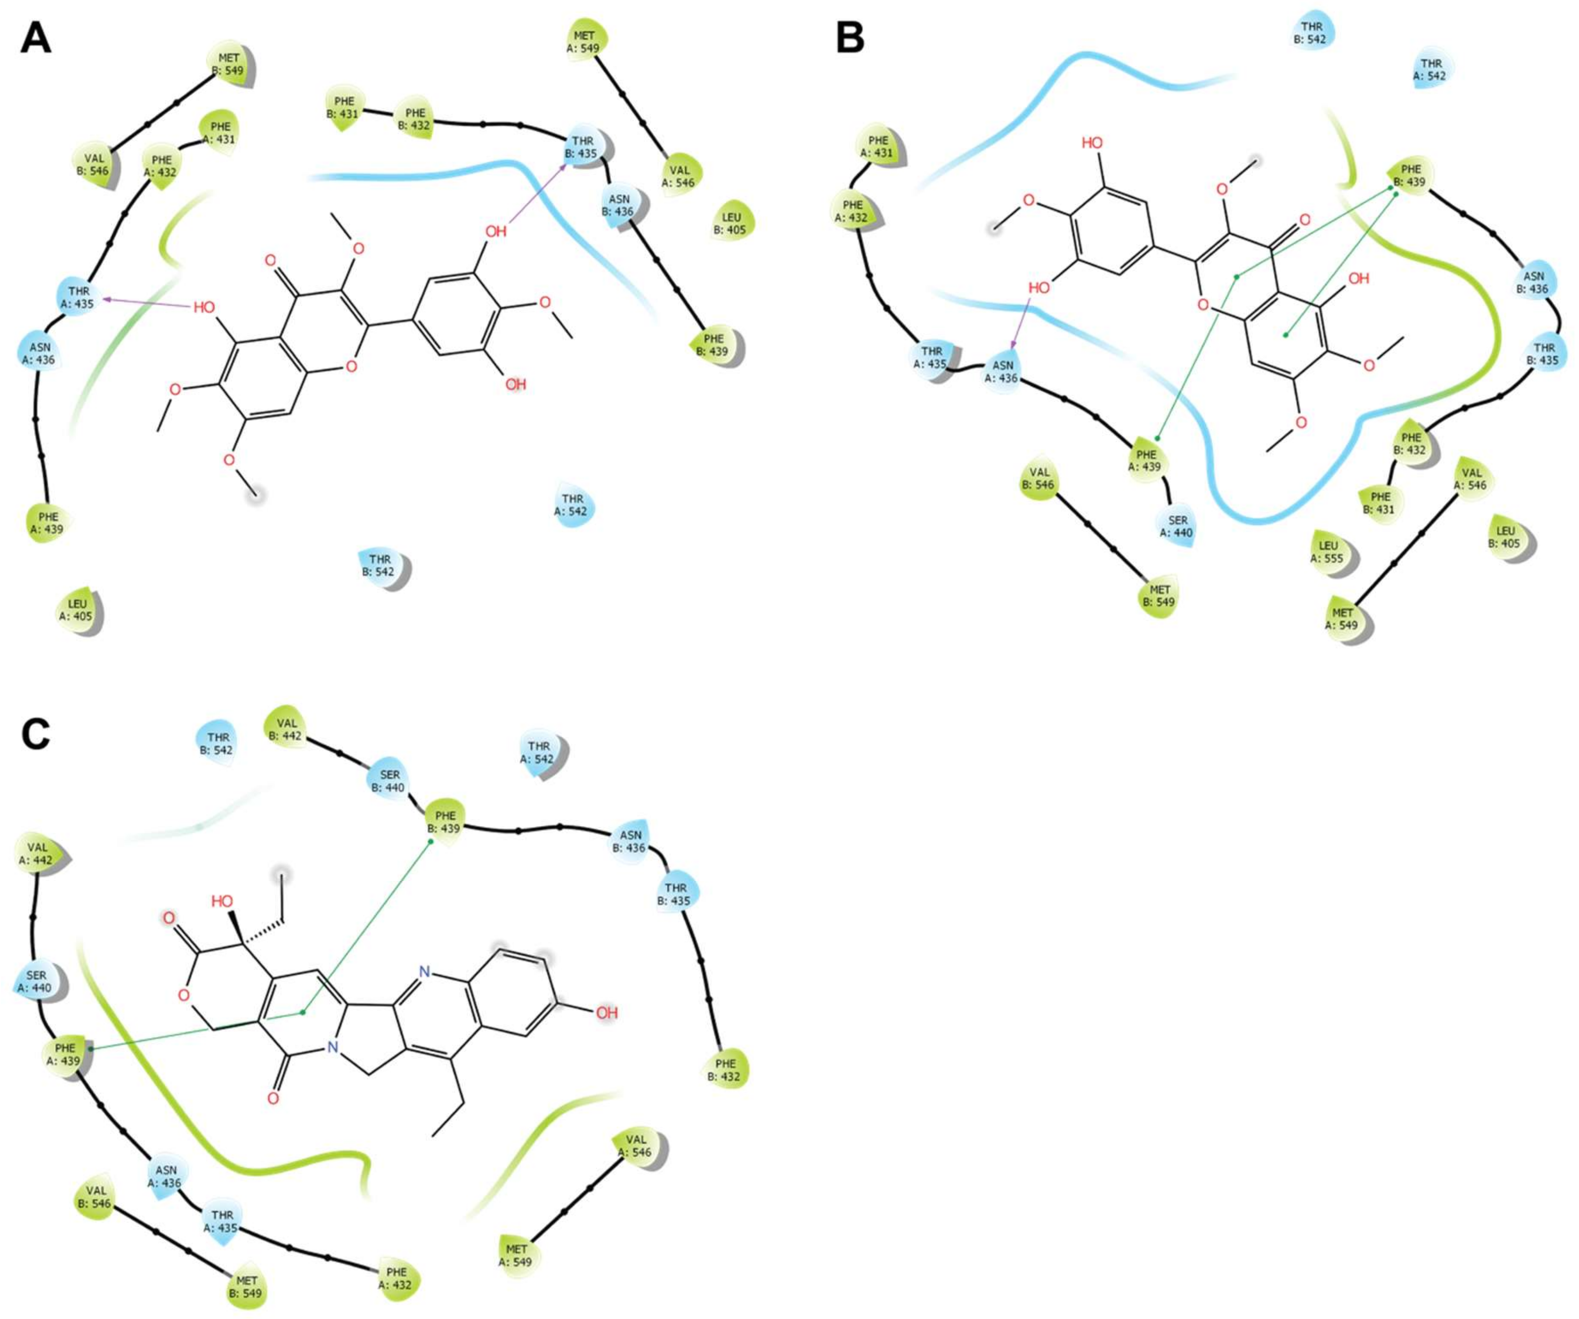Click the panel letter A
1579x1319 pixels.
coord(35,38)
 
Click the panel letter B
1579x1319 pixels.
coord(850,38)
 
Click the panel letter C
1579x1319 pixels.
coord(35,735)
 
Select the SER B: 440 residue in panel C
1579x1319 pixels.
coord(389,782)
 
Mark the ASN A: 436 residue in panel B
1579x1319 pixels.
coord(1003,372)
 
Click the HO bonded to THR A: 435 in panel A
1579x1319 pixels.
coord(205,307)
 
